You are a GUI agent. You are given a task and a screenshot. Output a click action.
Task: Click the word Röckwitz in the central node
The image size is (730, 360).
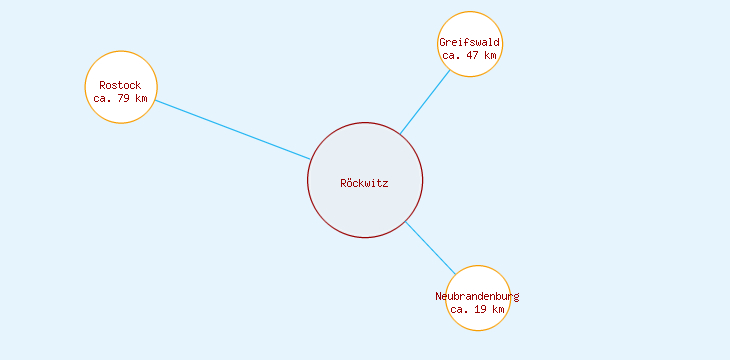click(x=364, y=183)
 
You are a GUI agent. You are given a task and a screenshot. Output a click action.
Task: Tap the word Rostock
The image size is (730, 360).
click(x=120, y=85)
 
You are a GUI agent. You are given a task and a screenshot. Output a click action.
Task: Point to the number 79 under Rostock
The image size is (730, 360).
click(x=122, y=98)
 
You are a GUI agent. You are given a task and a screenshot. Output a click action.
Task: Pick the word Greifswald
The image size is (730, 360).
click(x=469, y=42)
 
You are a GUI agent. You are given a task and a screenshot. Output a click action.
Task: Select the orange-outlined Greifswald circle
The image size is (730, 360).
click(x=469, y=25)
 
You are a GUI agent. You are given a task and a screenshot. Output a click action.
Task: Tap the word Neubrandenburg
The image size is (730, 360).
click(x=477, y=296)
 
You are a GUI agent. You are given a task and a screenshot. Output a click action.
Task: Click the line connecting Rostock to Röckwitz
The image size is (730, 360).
click(x=232, y=130)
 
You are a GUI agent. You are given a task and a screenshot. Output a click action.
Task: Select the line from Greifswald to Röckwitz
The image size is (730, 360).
click(x=425, y=102)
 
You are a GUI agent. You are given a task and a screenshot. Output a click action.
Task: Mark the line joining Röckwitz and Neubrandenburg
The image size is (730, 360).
click(x=430, y=248)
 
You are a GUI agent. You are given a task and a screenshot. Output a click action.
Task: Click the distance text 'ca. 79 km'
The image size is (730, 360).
click(x=120, y=98)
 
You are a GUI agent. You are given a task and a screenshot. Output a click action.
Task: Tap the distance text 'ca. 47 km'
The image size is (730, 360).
click(x=469, y=55)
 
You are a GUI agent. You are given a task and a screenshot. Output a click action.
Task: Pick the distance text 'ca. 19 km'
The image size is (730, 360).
click(x=477, y=309)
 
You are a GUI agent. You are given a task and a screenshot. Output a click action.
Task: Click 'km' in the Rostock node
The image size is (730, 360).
click(x=141, y=98)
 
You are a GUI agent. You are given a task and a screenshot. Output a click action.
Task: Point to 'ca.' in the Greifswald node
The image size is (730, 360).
click(x=451, y=55)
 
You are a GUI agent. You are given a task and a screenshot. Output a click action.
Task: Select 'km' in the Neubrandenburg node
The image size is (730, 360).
click(x=498, y=309)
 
